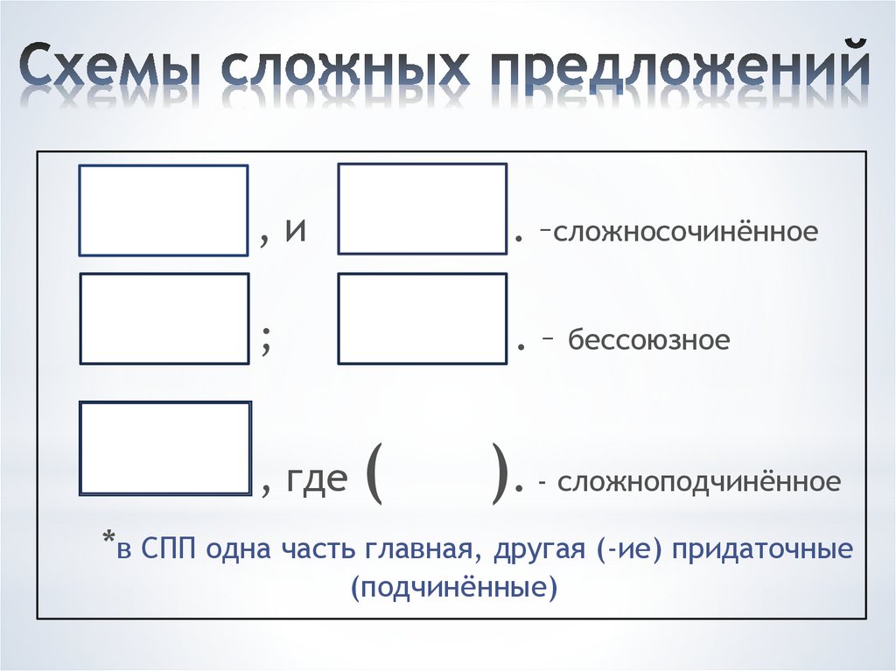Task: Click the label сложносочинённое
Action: (x=685, y=234)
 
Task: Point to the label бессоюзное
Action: (x=648, y=339)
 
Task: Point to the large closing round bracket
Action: (x=500, y=477)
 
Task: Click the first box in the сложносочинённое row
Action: (x=164, y=210)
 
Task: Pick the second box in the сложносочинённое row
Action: (x=423, y=209)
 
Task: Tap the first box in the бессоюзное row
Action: (x=164, y=318)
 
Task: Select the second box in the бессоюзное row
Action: (x=423, y=318)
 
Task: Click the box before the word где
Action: (x=165, y=448)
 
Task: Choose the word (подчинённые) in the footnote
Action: (x=453, y=587)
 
